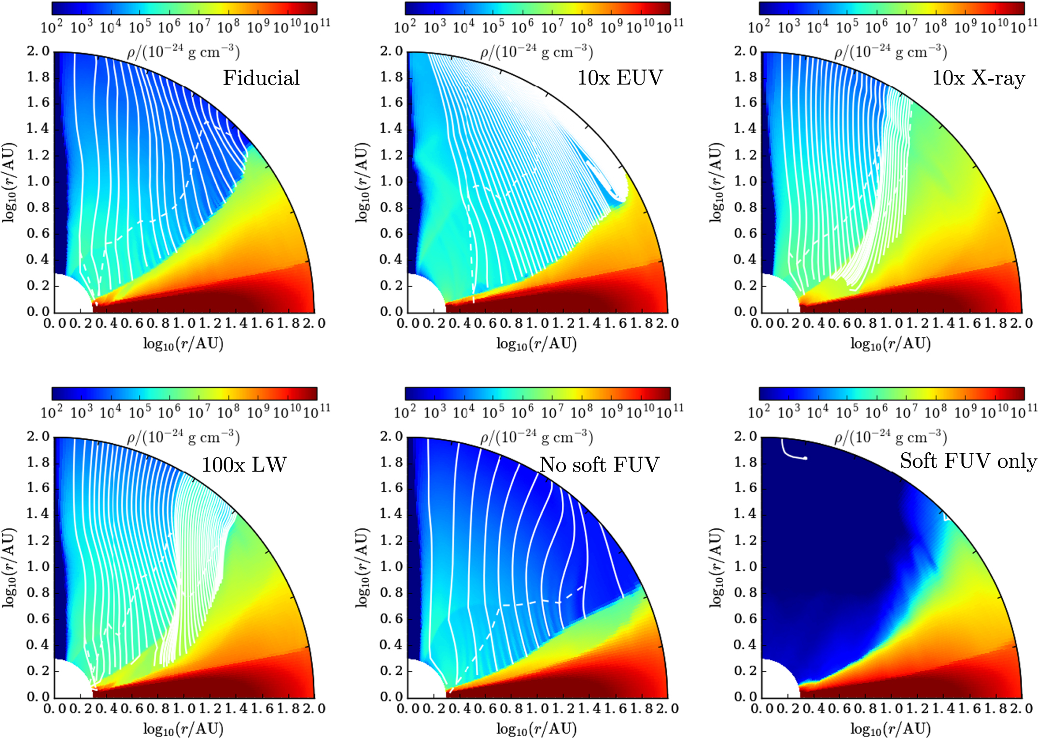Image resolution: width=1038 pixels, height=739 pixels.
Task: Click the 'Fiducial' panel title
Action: point(261,78)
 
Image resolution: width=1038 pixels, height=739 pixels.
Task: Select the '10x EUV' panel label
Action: point(620,78)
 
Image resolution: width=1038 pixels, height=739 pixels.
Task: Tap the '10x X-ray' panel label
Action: point(979,78)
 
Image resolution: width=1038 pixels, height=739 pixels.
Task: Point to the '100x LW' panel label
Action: point(244,465)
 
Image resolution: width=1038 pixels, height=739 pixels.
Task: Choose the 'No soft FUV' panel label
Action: point(600,465)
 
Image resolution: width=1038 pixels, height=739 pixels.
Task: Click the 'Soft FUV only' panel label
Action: point(968,461)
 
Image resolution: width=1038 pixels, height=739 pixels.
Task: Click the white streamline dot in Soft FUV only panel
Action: point(805,458)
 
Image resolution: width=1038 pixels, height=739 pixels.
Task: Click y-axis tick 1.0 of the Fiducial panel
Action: point(38,181)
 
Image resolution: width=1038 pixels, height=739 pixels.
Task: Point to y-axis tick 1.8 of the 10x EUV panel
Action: point(391,77)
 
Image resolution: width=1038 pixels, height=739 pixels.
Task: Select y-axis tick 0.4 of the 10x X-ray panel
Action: point(745,260)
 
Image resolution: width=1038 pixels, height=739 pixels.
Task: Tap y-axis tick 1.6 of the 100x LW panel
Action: point(38,488)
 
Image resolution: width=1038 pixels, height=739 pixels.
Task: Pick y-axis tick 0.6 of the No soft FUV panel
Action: point(391,619)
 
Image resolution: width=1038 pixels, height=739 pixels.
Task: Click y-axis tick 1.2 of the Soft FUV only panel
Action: point(745,541)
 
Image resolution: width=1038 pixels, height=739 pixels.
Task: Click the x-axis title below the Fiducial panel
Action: point(183,344)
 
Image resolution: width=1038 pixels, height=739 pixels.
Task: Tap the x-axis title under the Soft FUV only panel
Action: point(891,729)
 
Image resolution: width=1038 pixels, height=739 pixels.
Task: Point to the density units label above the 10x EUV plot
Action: point(537,51)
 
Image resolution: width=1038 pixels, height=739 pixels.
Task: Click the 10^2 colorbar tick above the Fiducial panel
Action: point(52,26)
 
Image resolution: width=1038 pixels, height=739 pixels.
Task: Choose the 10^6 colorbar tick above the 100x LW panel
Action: point(169,411)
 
